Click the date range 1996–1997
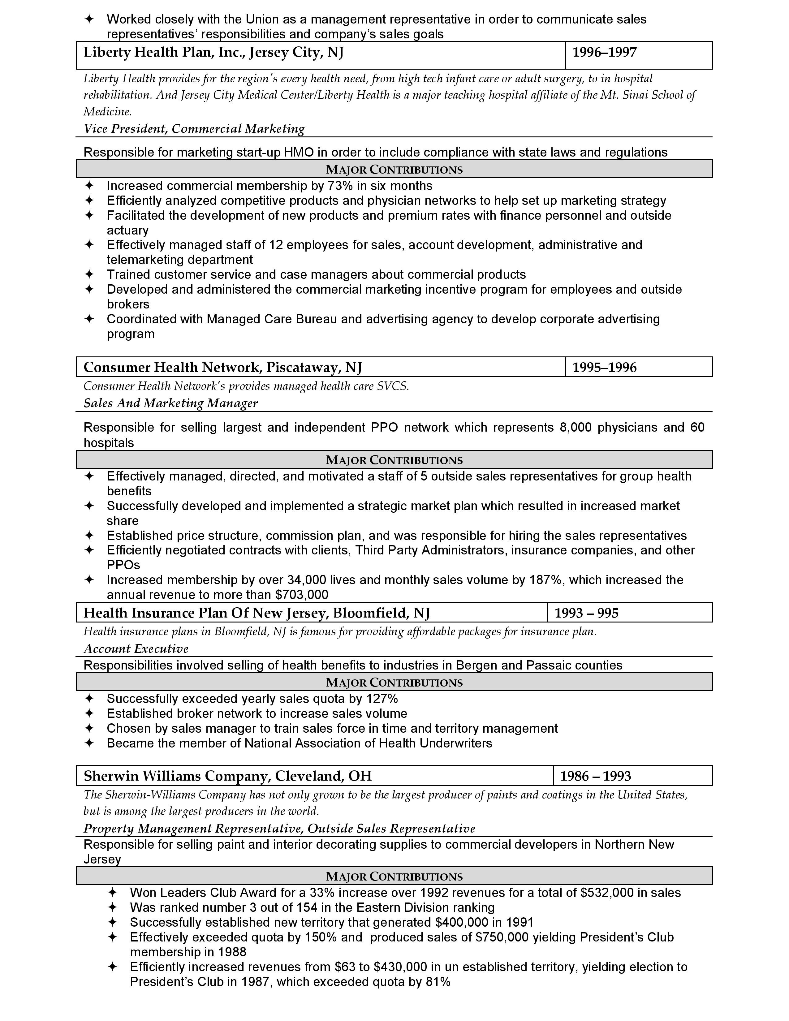[x=604, y=52]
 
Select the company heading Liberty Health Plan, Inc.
[x=213, y=52]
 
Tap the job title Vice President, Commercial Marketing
[x=194, y=129]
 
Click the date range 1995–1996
[x=604, y=368]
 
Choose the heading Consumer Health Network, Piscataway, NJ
[x=222, y=368]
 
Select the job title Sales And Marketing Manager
[x=170, y=403]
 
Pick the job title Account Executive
[x=136, y=648]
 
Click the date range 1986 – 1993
[x=596, y=776]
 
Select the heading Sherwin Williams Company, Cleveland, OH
[x=228, y=776]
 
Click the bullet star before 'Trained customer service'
[x=89, y=274]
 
